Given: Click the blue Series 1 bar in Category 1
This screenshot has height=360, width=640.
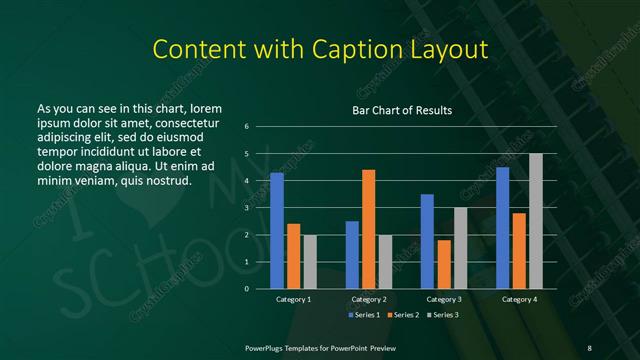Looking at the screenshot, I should tap(277, 231).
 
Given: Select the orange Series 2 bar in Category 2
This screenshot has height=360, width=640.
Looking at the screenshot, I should tap(369, 229).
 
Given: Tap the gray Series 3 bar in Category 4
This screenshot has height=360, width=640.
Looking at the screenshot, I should tap(536, 221).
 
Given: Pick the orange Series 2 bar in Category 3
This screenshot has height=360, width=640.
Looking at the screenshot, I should tap(444, 264).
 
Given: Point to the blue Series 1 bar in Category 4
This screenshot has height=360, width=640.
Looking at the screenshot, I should tap(502, 228).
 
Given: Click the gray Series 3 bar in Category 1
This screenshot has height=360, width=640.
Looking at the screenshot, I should tap(310, 262).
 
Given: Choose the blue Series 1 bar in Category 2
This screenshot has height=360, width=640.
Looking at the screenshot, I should tap(352, 255).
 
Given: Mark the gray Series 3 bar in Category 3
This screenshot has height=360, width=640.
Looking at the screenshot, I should tap(460, 248).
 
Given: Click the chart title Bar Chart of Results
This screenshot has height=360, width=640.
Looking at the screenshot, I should tap(403, 110).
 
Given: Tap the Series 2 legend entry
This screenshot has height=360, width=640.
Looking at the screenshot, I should tap(404, 316).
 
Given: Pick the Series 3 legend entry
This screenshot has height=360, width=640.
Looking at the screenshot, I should tap(444, 316).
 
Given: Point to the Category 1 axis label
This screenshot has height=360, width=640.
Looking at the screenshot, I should tap(293, 299).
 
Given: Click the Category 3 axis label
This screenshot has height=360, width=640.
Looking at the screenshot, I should tap(444, 299).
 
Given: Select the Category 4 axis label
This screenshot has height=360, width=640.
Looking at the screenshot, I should tap(519, 299).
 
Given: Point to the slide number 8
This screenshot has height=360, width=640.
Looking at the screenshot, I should tap(589, 347).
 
